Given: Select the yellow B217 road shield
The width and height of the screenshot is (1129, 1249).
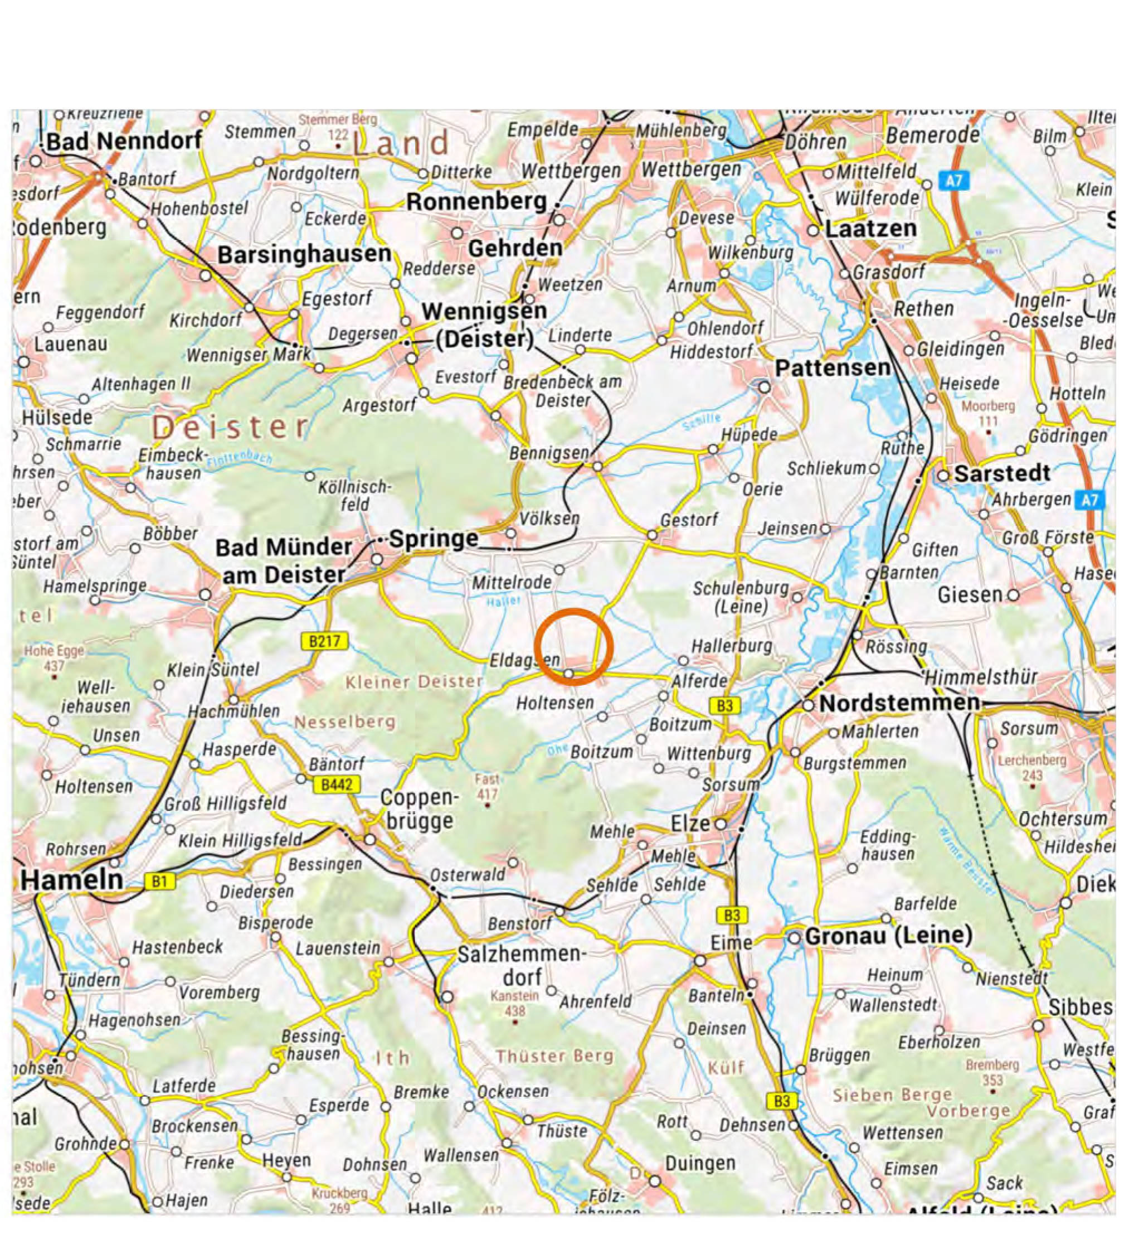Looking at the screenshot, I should click(x=324, y=641).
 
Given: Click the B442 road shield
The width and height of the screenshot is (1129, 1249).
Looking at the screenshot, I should click(x=336, y=785).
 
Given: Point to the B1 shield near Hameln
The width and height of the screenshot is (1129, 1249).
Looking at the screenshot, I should click(x=159, y=881).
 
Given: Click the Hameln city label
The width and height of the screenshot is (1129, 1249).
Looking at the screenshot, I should click(x=72, y=880).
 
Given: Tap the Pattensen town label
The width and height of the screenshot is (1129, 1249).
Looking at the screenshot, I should click(x=833, y=368).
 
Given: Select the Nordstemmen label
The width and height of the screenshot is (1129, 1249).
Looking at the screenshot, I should click(x=899, y=703).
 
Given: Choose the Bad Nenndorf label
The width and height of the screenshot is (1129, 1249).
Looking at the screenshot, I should click(x=124, y=141).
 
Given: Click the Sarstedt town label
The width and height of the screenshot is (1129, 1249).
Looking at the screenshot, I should click(x=1001, y=473).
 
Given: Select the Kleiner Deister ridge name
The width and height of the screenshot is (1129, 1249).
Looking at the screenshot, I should click(x=413, y=682).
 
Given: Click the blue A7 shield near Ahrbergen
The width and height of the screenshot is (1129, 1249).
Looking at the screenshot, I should click(x=1089, y=500).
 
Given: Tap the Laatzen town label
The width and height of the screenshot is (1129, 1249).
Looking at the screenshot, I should click(x=870, y=229).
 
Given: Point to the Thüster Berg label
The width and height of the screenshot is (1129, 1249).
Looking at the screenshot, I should click(x=554, y=1056).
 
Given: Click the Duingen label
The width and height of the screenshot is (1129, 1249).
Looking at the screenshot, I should click(x=700, y=1164).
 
